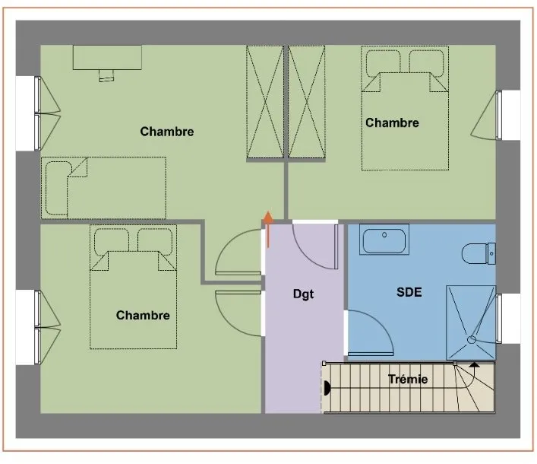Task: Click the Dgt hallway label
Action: point(303,294)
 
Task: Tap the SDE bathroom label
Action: point(409,292)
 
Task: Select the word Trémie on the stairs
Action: point(408,380)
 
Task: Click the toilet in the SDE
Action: point(479,254)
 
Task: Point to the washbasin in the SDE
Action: point(384,240)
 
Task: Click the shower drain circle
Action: point(472,339)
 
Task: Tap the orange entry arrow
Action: point(268,229)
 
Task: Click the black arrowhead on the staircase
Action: point(474,365)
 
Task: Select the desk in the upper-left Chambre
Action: point(107,58)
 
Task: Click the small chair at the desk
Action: point(106,75)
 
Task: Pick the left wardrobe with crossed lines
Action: point(265,102)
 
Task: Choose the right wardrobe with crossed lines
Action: point(307,102)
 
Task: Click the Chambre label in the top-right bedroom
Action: point(392,122)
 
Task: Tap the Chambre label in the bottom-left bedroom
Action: point(143,315)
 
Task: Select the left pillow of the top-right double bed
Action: point(384,63)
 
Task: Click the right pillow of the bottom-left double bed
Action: point(155,241)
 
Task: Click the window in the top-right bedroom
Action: point(498,115)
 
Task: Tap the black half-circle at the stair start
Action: point(327,388)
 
